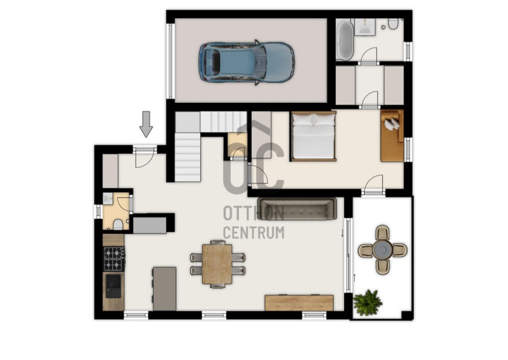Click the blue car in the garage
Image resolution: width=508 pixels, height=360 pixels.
[247, 62]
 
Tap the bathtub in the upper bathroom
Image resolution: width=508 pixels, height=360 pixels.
[345, 40]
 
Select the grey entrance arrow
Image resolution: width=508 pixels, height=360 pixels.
[146, 125]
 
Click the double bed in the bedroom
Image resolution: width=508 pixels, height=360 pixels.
[313, 136]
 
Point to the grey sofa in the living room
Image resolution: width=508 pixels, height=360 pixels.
[297, 209]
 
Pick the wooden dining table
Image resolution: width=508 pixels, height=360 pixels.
[217, 264]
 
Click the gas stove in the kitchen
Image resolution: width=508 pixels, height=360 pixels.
[114, 258]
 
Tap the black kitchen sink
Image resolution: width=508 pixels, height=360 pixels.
[113, 286]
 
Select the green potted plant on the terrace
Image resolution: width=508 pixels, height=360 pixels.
[368, 302]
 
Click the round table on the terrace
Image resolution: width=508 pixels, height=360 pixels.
[382, 250]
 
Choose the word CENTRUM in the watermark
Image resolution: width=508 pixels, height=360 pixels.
[254, 233]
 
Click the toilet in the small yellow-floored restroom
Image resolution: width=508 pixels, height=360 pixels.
[118, 225]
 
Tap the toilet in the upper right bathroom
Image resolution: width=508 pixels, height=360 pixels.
[393, 24]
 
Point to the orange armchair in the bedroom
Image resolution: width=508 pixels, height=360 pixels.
[392, 135]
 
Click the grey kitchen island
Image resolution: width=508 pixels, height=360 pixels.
[165, 289]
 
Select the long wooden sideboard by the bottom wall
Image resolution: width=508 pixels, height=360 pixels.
[299, 302]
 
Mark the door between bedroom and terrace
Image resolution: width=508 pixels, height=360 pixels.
[373, 184]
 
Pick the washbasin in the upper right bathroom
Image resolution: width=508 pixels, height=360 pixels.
[365, 27]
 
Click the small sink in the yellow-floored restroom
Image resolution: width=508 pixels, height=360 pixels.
[108, 199]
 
